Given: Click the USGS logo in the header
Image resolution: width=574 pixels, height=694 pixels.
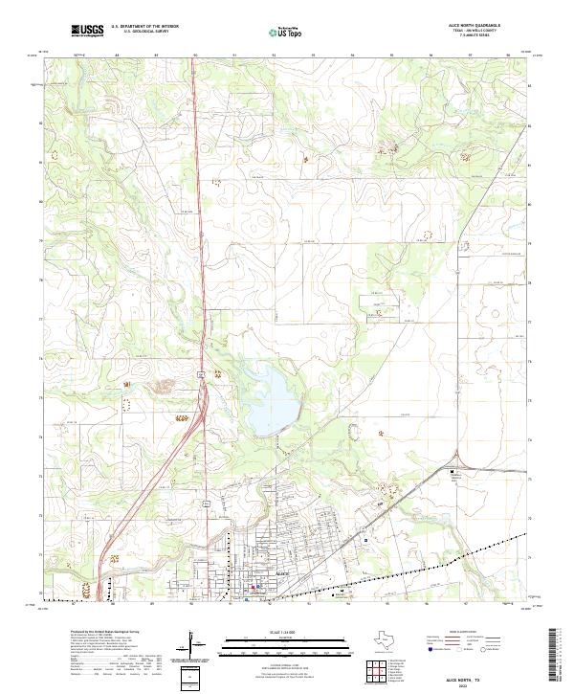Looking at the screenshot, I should click(x=88, y=31).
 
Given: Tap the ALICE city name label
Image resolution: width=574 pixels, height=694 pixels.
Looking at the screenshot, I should click(x=281, y=571).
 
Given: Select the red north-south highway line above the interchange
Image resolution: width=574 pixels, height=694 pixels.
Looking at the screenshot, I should click(x=196, y=239).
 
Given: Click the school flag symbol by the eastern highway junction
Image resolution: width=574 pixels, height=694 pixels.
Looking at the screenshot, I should click(x=453, y=470).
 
